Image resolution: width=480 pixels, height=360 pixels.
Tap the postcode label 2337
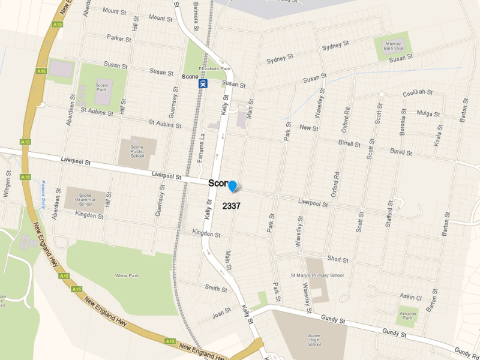[232, 206]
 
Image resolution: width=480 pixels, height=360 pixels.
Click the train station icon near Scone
[203, 84]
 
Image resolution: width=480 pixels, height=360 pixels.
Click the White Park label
[127, 275]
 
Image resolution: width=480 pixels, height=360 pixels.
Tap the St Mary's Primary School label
[317, 275]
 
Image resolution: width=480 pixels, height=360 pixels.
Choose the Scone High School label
[314, 340]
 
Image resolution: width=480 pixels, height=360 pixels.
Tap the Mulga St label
[428, 113]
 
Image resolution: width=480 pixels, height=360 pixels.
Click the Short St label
[338, 259]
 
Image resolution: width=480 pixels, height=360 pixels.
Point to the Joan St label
[221, 314]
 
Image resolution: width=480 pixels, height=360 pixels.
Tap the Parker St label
[119, 38]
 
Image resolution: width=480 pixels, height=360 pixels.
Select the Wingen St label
[7, 183]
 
